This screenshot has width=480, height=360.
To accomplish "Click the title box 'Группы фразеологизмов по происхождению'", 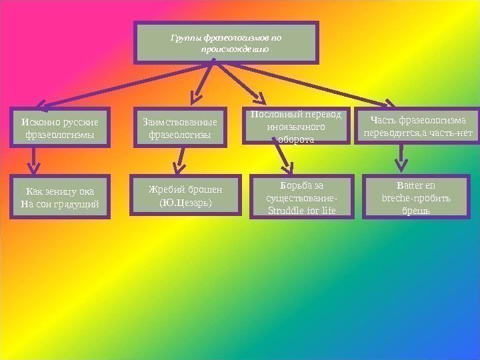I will (226, 43).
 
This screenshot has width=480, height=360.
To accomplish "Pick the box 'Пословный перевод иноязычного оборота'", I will (295, 125).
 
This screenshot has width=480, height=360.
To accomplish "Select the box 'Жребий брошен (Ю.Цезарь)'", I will (185, 195).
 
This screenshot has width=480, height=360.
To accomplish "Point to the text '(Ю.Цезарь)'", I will (185, 202).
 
